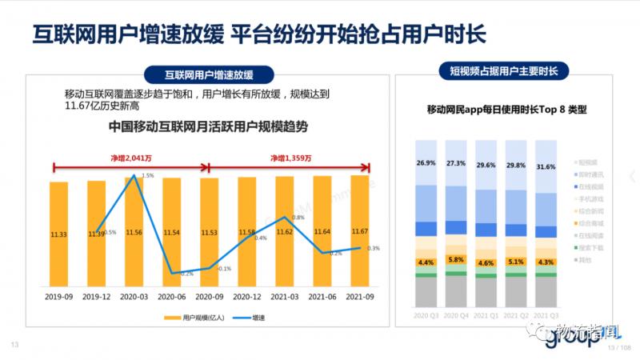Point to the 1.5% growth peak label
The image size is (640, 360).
tap(147, 175)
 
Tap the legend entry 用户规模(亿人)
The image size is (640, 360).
tap(194, 318)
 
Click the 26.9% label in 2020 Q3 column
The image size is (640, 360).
tap(426, 163)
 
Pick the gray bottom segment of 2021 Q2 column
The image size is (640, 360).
tap(516, 291)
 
